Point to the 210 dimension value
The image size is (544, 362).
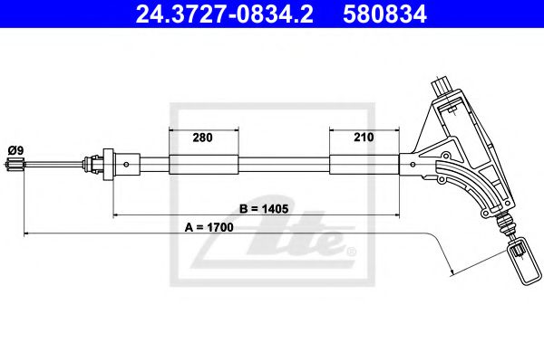363,138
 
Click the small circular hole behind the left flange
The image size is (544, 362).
126,164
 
